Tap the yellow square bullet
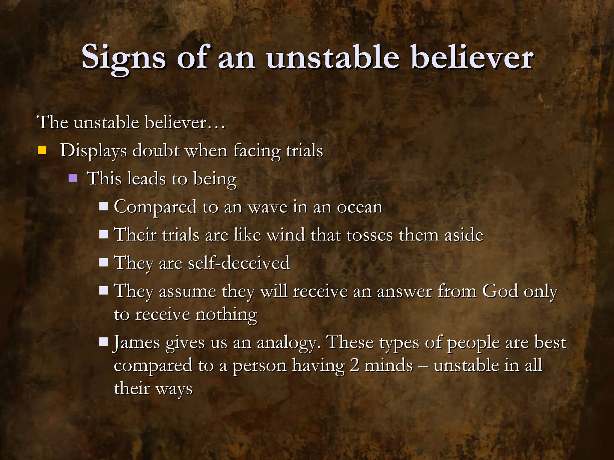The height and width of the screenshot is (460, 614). coord(42,150)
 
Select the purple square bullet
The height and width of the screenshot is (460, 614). coord(73,178)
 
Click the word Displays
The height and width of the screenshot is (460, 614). coord(93,151)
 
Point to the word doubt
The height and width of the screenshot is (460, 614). coord(156,150)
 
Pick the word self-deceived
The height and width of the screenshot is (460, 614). coord(239,263)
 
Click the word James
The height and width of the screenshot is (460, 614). coord(136,342)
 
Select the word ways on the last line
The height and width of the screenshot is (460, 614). coord(174,389)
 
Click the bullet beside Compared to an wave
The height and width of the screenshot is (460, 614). coord(103,206)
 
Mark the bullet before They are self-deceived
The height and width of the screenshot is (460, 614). coord(103,262)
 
